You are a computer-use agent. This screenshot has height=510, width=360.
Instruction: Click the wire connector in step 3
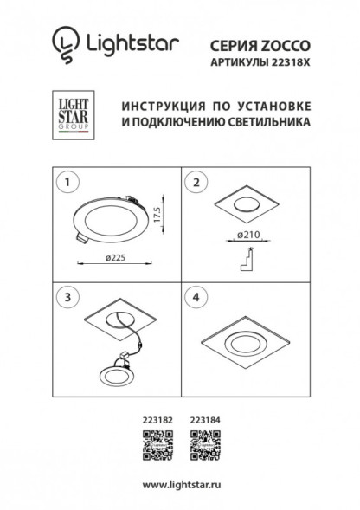tap(132, 353)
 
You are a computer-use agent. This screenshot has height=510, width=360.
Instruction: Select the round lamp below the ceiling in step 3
tap(115, 376)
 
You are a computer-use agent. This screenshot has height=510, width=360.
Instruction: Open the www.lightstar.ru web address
tap(179, 484)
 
